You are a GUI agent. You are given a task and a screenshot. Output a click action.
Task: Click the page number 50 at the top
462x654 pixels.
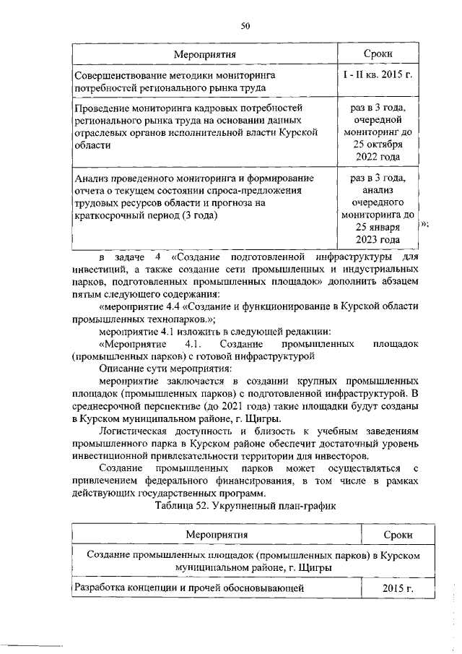[245, 26]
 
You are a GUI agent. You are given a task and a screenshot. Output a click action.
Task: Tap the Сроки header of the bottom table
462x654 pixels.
[398, 535]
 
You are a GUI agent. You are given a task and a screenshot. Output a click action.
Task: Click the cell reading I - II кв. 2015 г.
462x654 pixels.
[380, 75]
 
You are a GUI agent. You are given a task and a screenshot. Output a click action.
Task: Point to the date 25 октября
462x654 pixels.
[380, 145]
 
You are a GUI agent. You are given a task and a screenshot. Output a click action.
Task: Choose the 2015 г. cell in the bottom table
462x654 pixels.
[398, 589]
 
